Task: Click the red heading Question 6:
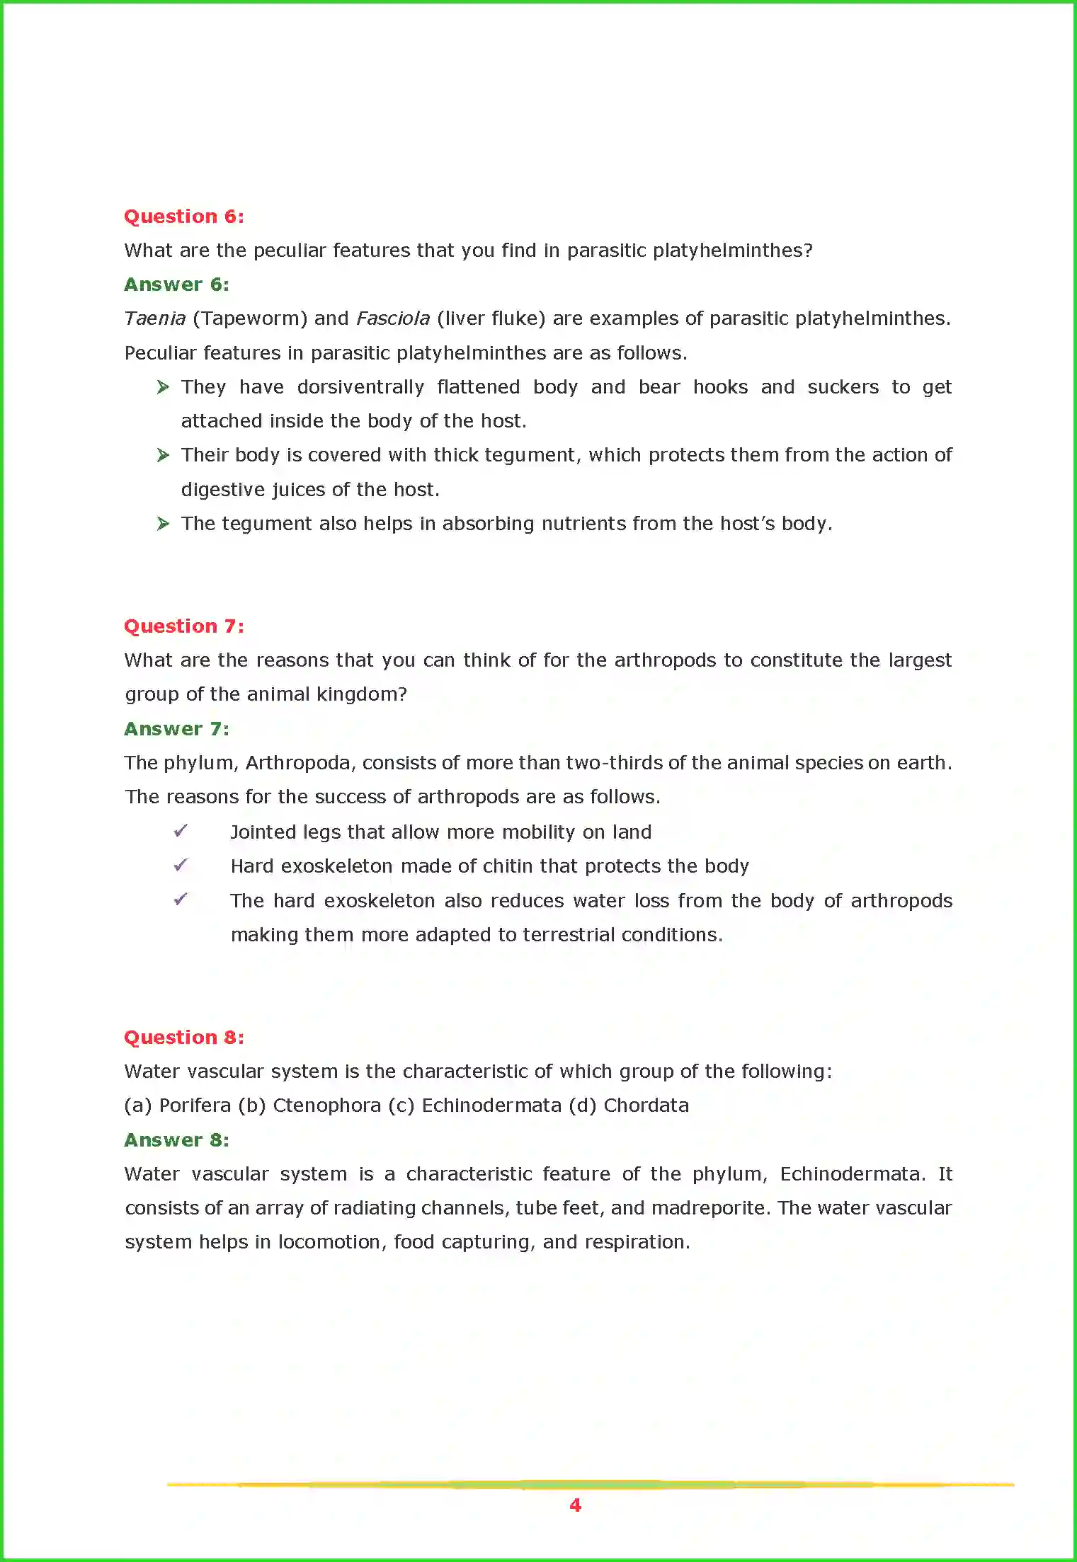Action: click(x=184, y=217)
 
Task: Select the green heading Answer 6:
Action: click(x=176, y=285)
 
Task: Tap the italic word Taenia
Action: click(x=154, y=318)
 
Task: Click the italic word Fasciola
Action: click(x=393, y=318)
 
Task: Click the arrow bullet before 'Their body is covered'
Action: click(x=163, y=455)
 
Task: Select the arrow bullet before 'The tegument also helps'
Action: click(x=163, y=524)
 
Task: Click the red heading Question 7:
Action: click(x=184, y=626)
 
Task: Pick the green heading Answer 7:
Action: click(x=176, y=729)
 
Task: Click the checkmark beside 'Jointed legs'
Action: click(x=181, y=831)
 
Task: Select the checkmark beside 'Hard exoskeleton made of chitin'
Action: click(x=181, y=865)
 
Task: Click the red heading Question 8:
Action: click(x=184, y=1038)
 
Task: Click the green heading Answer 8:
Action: click(x=176, y=1140)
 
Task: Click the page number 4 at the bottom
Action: click(x=575, y=1505)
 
